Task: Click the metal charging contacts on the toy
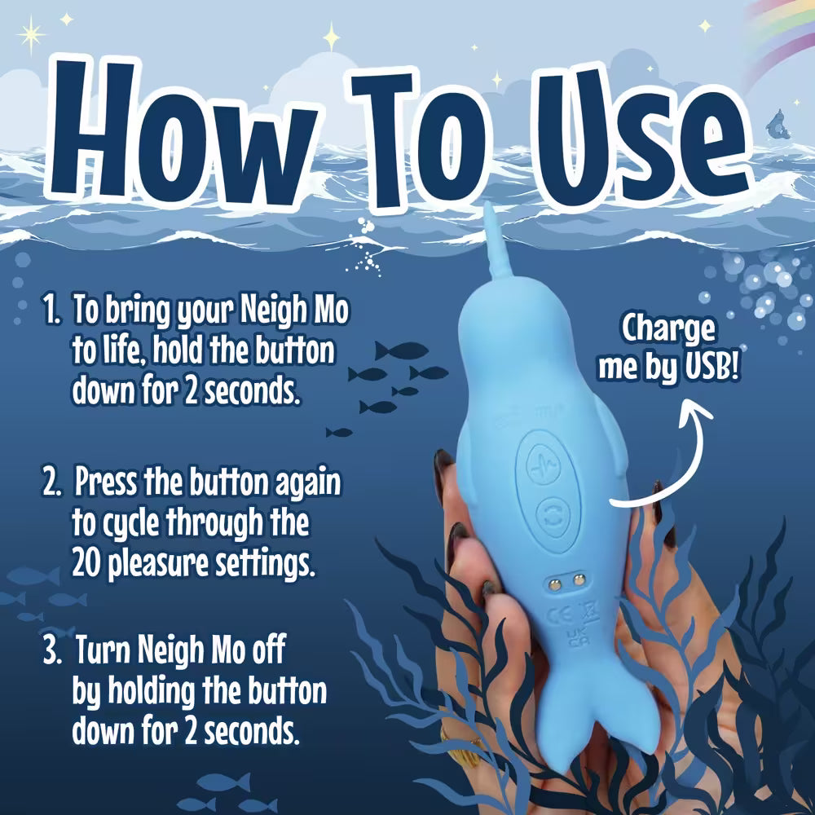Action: pyautogui.click(x=566, y=579)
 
